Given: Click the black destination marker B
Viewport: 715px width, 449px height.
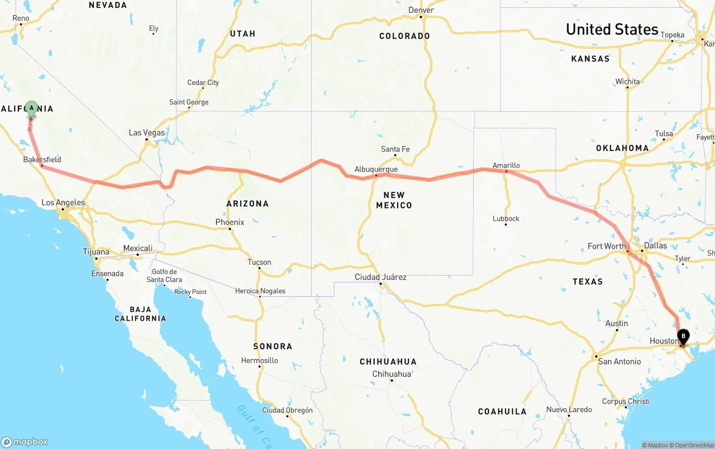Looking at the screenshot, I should tap(683, 336).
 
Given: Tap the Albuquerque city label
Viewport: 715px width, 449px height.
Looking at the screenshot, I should tap(376, 169).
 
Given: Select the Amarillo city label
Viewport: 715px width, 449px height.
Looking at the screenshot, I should tap(506, 166).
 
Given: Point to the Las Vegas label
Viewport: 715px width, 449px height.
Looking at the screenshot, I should tap(147, 133).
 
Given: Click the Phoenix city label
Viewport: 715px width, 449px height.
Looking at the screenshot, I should tap(230, 223).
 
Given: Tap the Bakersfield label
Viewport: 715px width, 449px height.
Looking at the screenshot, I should tap(42, 160).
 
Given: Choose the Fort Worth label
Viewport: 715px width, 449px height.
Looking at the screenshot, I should tap(607, 247).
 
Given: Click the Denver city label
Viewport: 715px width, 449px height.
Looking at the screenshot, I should tap(421, 10).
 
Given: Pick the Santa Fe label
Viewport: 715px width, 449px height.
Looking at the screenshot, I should tap(395, 149).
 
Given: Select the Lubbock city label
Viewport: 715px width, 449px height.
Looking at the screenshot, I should tap(506, 219).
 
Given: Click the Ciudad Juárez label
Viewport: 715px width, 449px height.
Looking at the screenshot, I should tap(380, 277).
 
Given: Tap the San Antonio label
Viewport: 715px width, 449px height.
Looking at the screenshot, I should tap(619, 362).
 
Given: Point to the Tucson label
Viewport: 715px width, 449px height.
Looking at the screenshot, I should tap(259, 262).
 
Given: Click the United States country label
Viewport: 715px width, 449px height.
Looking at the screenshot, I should tap(612, 30).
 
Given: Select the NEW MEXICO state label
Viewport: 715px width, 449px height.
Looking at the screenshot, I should tap(394, 200).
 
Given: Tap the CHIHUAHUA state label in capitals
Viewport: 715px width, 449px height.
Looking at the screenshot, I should tap(388, 362).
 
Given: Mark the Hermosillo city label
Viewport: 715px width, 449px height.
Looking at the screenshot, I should tap(260, 361).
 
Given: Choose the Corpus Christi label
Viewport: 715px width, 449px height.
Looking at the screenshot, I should tap(626, 401).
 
